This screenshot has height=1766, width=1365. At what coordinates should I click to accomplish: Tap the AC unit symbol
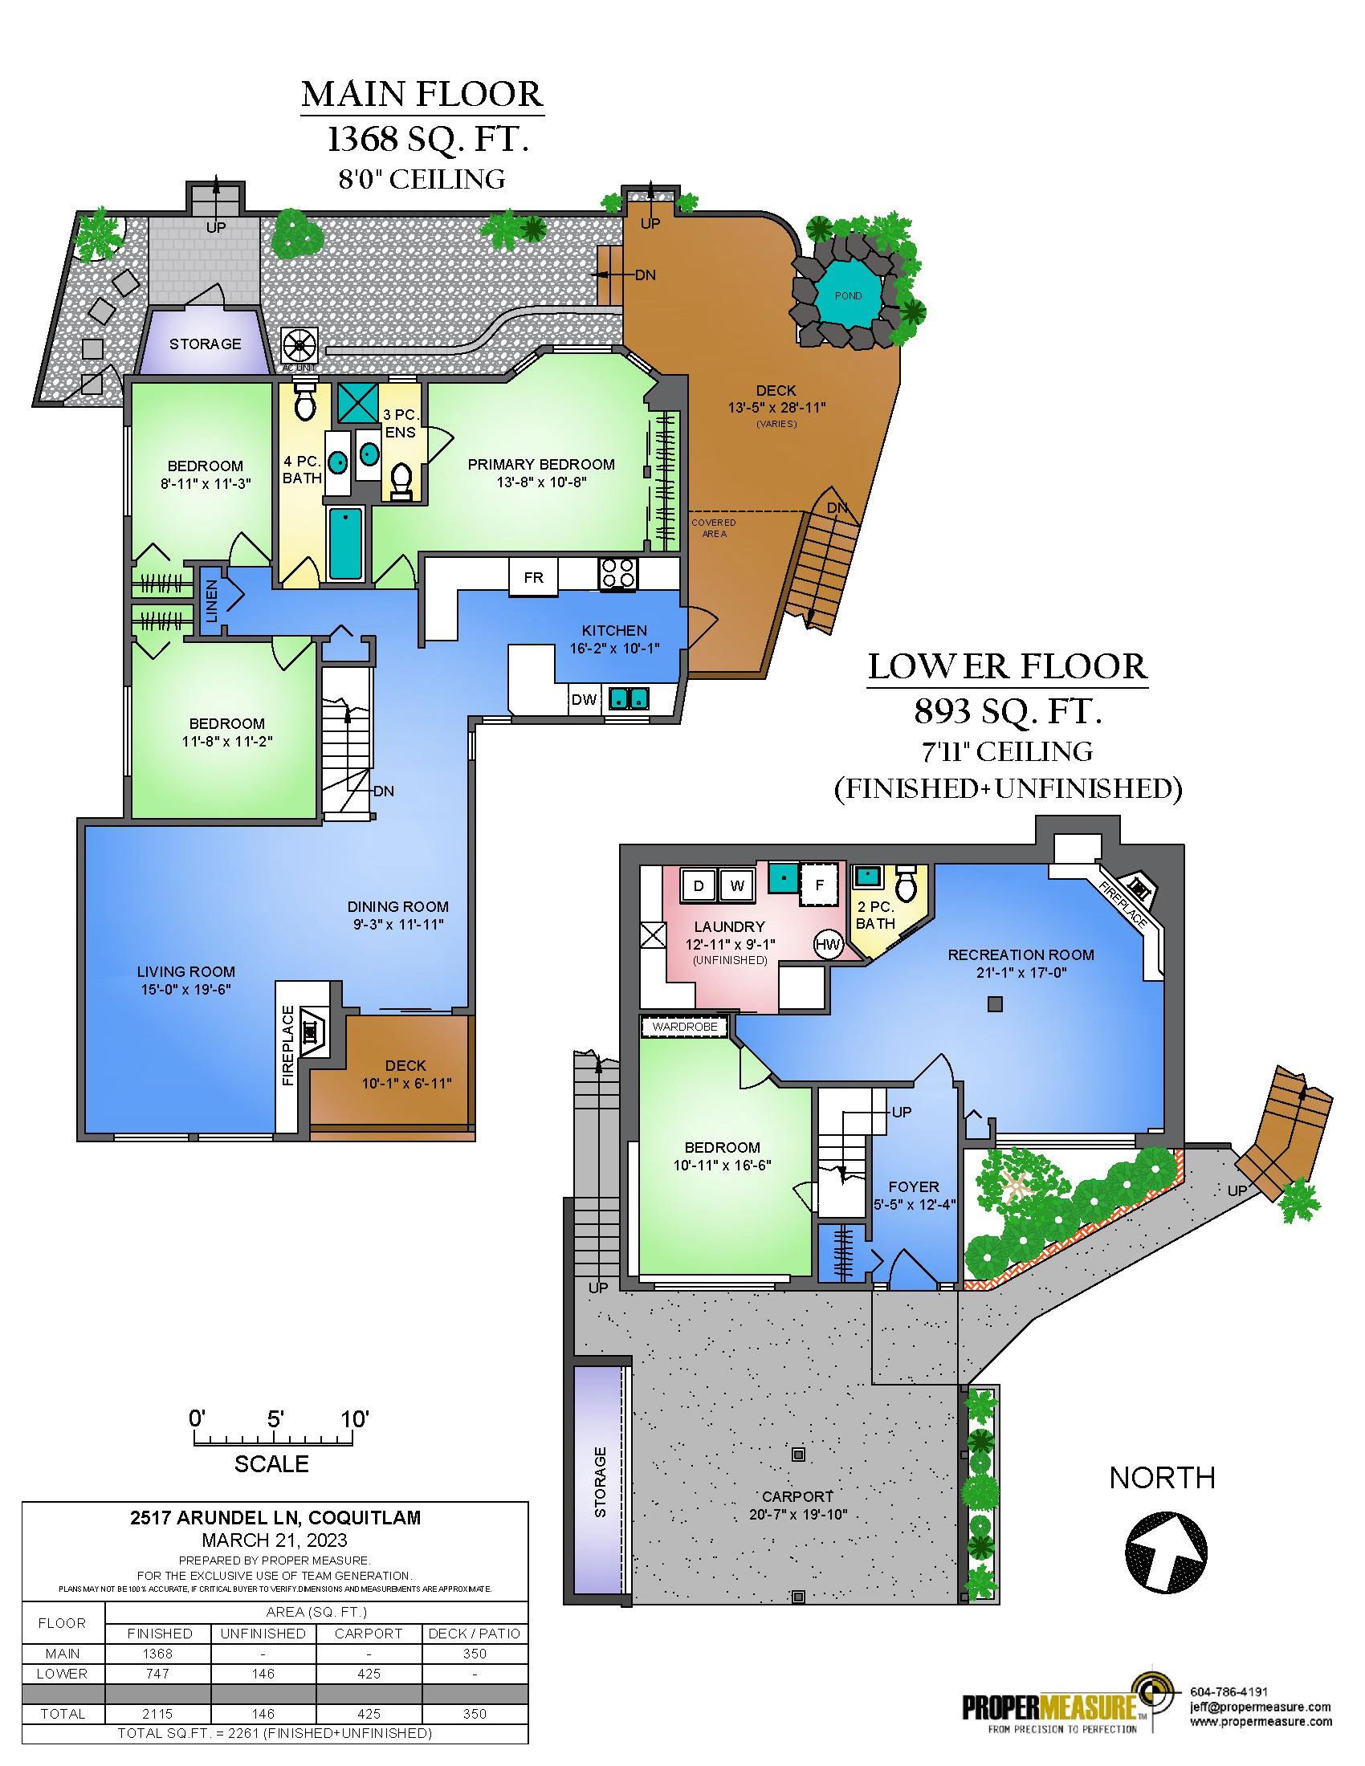point(299,346)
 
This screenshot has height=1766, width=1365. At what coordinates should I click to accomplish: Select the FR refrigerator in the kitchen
point(534,577)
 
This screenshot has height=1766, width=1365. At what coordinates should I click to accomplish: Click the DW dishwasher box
point(583,699)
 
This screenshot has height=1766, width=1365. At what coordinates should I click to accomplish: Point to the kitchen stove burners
point(618,573)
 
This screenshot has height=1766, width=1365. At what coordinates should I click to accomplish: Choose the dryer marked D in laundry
point(699,885)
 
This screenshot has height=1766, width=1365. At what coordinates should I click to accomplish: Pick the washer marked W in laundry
point(736,885)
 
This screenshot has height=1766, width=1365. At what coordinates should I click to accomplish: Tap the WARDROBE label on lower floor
point(684,1027)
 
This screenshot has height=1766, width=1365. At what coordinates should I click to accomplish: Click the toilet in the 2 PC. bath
point(906,884)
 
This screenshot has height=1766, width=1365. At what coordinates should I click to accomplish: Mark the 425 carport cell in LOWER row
point(369,1674)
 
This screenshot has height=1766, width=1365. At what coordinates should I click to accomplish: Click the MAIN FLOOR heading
point(422,94)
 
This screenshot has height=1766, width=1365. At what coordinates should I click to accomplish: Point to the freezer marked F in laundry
point(819,885)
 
